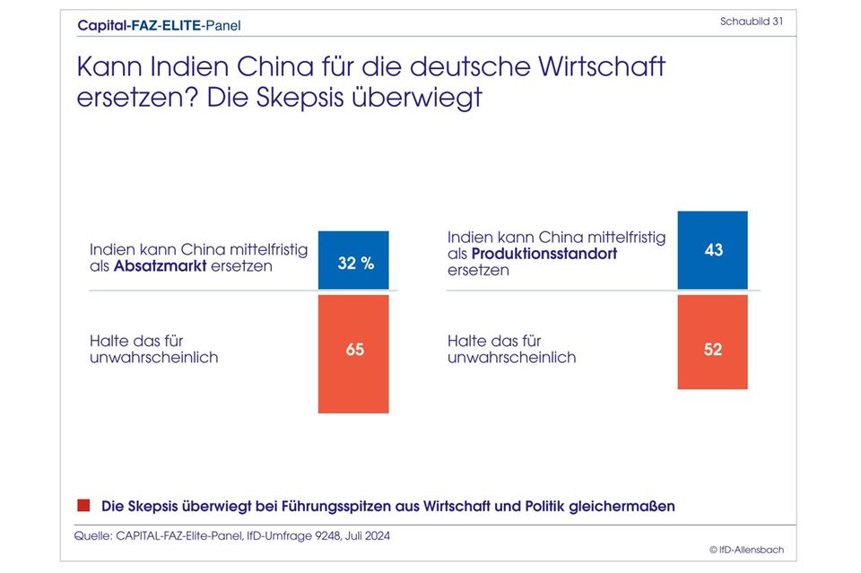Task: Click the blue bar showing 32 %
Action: click(353, 260)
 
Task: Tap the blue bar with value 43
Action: click(712, 250)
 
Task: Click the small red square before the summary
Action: click(85, 506)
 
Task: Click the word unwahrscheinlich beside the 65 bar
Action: click(153, 357)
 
